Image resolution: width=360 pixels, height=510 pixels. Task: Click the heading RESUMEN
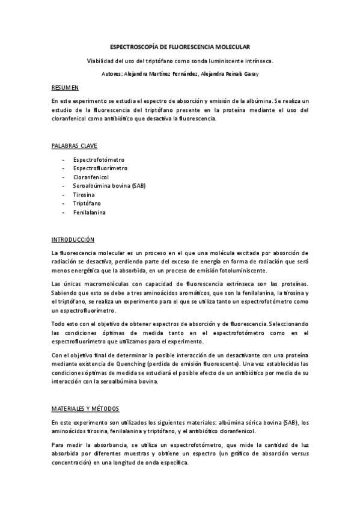point(65,88)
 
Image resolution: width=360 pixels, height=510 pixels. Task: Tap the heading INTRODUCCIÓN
point(73,239)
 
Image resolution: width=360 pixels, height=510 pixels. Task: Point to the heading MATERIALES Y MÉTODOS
point(85,409)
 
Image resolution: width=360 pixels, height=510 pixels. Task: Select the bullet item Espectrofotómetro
point(99,160)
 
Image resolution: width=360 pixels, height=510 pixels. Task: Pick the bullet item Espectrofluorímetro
point(100,168)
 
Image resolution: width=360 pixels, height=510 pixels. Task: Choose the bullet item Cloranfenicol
point(91,177)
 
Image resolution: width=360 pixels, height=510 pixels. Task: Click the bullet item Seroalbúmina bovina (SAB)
point(109,186)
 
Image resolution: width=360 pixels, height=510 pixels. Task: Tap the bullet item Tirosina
point(84,195)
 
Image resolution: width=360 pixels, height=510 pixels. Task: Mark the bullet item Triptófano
point(87,203)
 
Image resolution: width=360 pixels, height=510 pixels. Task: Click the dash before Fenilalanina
point(64,212)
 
